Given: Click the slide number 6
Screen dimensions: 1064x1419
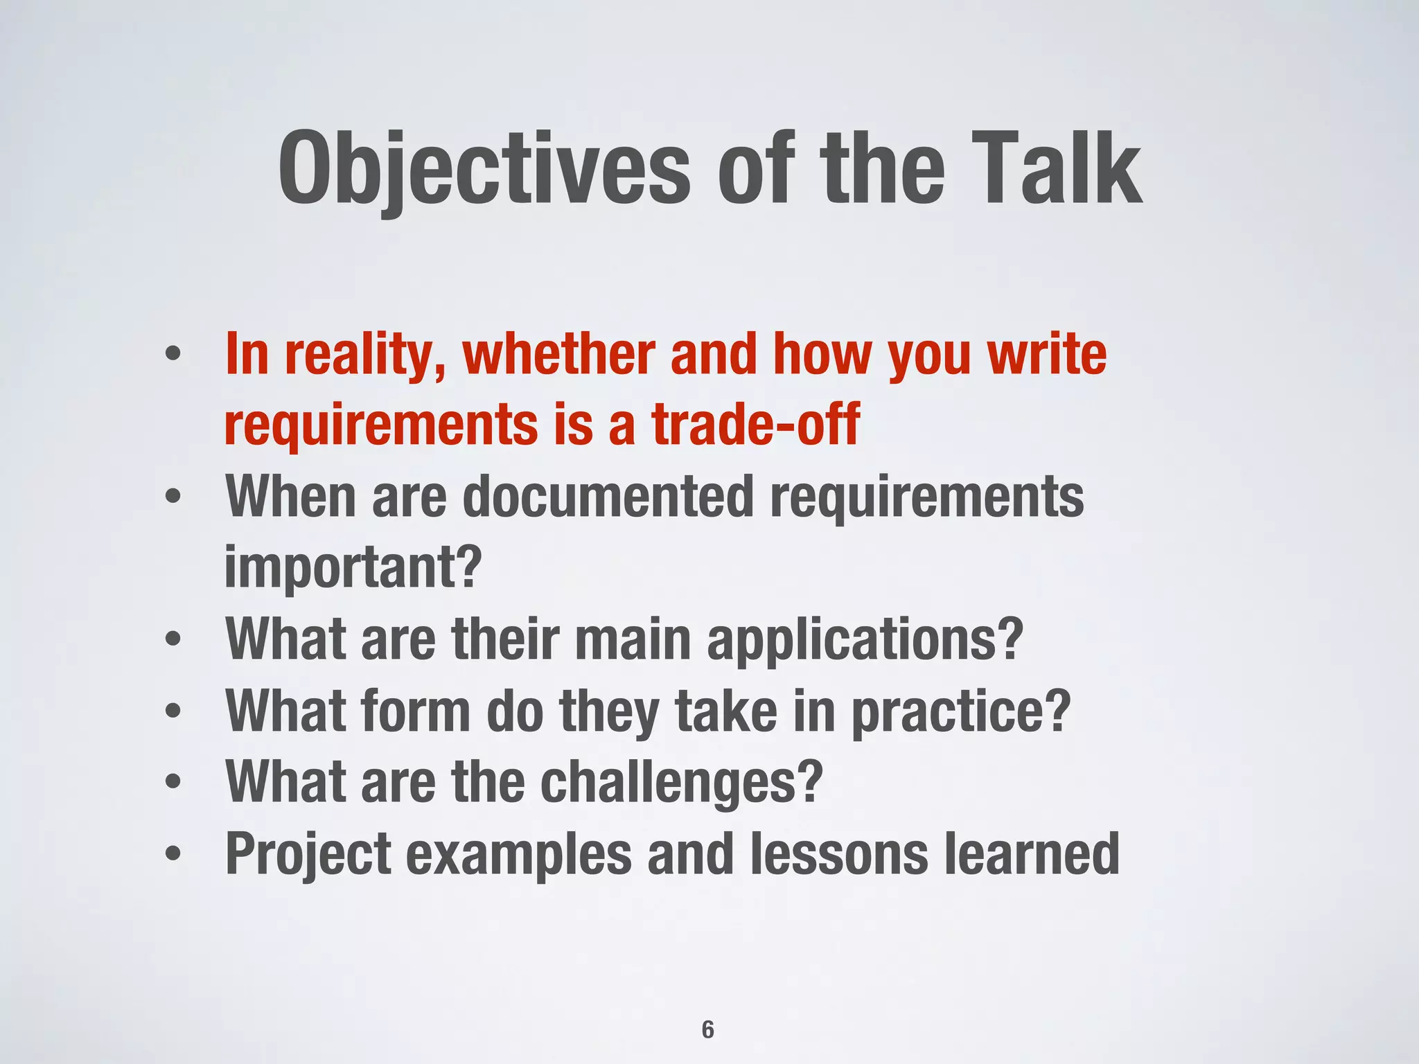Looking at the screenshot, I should pos(707,1030).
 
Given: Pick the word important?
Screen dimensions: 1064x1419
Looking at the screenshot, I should pos(353,567).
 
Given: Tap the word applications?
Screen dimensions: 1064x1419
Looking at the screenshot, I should pos(865,639).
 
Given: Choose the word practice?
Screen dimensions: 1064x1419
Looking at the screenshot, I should pos(960,711).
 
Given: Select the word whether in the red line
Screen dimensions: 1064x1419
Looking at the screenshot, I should pos(558,355).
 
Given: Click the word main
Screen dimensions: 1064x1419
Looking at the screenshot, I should pos(633,639).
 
